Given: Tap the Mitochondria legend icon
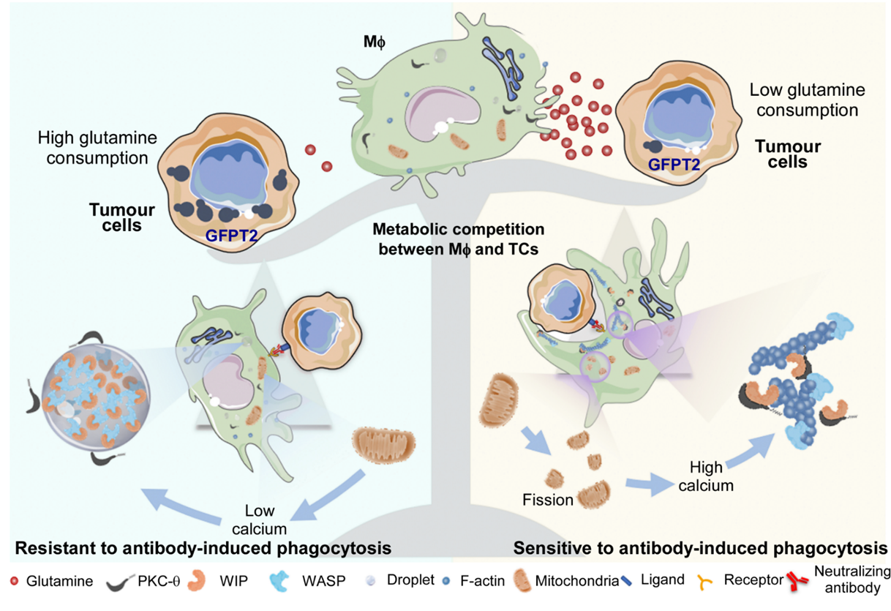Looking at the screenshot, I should coord(525,582).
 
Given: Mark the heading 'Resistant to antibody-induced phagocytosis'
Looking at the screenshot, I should coord(202,548).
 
